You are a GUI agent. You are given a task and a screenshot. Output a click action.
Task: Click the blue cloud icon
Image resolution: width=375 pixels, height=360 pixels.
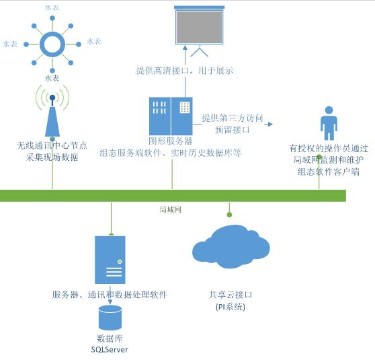(231, 247)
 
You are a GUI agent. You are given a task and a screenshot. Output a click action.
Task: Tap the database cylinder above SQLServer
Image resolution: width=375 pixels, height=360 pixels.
(110, 318)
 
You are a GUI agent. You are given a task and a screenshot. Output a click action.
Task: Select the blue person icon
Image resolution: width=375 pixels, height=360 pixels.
(329, 123)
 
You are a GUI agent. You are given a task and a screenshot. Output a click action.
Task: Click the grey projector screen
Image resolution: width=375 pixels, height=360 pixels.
(199, 27)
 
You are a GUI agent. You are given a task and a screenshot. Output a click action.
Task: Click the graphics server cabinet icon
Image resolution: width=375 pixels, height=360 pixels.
(171, 116)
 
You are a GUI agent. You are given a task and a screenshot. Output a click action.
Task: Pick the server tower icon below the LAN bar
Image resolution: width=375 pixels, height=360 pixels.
(110, 260)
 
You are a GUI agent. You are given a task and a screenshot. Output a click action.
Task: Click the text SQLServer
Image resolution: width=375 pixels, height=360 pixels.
(110, 350)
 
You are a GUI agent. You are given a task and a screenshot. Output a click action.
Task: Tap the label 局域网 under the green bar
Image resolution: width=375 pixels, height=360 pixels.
(170, 210)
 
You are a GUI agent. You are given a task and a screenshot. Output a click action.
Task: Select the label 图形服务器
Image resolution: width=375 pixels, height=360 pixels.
(171, 141)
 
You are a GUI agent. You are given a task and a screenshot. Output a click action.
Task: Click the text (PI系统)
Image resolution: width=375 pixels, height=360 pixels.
(231, 307)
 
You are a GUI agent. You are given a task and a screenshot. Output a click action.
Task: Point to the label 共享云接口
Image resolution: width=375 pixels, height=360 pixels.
(231, 295)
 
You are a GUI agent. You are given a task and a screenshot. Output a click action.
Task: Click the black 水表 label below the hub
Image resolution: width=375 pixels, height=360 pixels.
(52, 78)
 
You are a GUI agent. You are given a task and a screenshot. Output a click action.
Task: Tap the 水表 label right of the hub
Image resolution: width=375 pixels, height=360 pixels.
(94, 42)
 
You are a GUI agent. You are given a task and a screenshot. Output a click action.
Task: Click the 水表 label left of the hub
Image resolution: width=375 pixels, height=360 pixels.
(10, 44)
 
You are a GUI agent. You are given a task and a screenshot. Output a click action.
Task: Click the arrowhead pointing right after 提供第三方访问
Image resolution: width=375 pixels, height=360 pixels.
(270, 124)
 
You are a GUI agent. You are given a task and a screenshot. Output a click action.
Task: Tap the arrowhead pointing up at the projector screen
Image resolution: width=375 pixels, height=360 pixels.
(185, 47)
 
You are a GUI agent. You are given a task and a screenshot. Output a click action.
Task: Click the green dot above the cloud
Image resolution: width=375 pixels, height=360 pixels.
(229, 215)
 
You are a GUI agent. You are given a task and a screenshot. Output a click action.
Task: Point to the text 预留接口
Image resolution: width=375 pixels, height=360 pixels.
(233, 130)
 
